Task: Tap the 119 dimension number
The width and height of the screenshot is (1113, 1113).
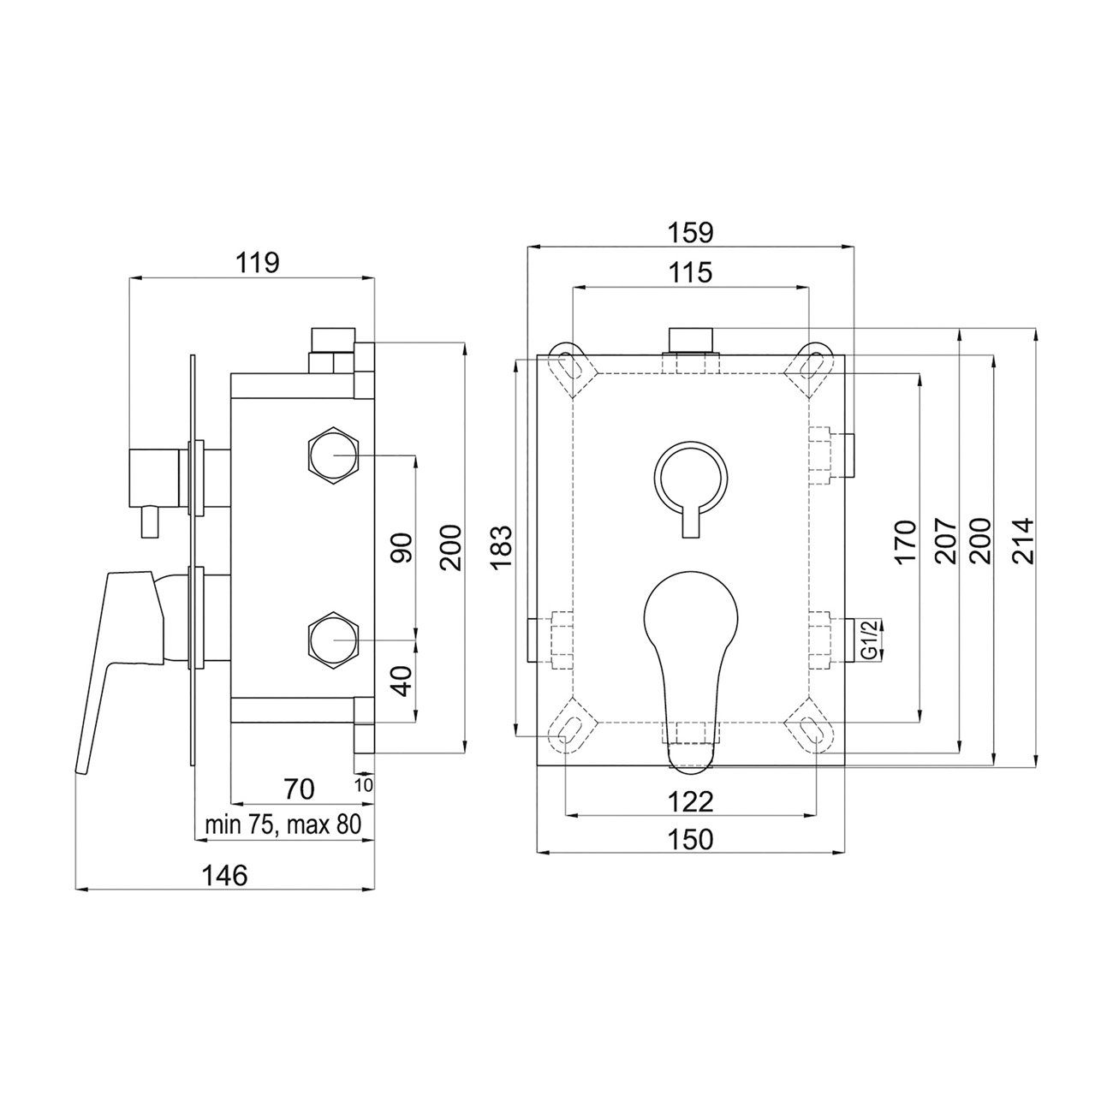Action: point(257,264)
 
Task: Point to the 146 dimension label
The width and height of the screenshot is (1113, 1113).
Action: point(224,875)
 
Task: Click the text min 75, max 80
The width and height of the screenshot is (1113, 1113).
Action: point(283,824)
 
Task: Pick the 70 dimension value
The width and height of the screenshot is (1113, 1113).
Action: point(299,789)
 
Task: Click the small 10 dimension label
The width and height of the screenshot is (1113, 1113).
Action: point(364,785)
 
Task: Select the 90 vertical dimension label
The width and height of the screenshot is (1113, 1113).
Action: point(403,548)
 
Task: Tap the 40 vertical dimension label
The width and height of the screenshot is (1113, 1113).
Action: point(403,681)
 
